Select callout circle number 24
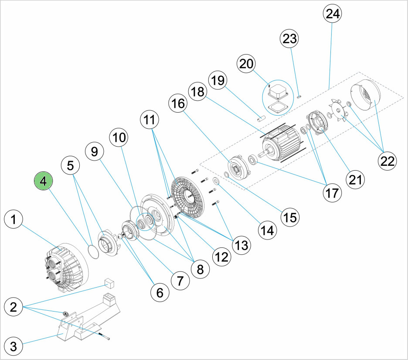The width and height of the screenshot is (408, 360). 332,14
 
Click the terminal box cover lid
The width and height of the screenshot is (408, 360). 277,92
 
